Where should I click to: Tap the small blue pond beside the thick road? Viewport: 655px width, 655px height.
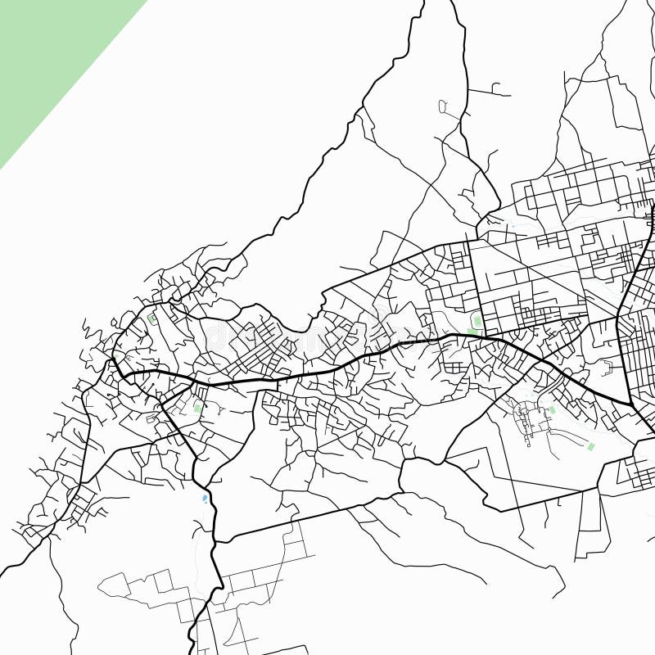(x=205, y=497)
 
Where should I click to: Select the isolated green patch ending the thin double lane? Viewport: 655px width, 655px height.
(x=591, y=446)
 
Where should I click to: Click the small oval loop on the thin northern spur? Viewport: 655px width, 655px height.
(x=443, y=106)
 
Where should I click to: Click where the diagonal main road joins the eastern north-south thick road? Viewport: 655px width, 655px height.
(x=631, y=404)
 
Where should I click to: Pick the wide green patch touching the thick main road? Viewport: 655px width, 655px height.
(x=472, y=332)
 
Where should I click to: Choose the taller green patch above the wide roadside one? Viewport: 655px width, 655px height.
(x=477, y=321)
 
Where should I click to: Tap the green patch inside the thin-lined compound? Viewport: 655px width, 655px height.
(x=552, y=409)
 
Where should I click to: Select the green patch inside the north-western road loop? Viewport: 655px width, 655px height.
(x=151, y=319)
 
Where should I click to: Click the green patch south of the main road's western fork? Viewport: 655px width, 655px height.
(x=197, y=407)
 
